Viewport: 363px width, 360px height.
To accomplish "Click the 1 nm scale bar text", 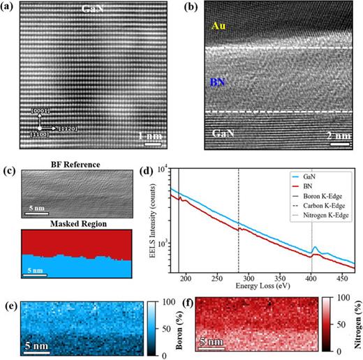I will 151,135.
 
